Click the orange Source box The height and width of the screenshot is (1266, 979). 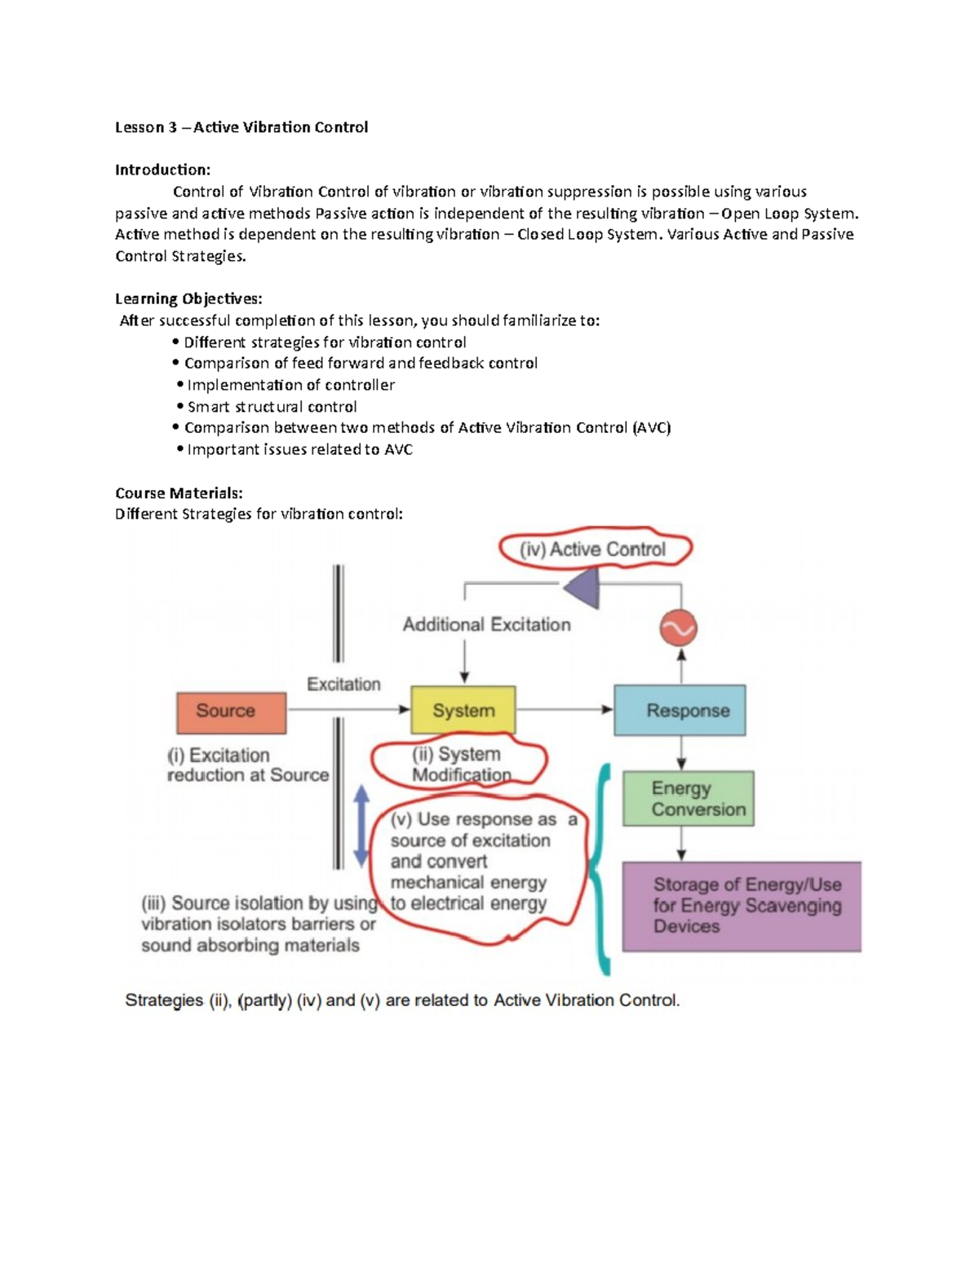pyautogui.click(x=232, y=712)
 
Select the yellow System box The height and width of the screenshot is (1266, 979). pyautogui.click(x=463, y=709)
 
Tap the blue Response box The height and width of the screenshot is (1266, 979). pyautogui.click(x=680, y=709)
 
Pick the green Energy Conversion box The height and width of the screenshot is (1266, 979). pyautogui.click(x=688, y=798)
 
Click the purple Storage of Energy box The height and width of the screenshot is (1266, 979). pyautogui.click(x=742, y=906)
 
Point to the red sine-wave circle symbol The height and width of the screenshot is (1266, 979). pyautogui.click(x=678, y=628)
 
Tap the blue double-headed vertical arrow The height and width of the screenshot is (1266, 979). pyautogui.click(x=361, y=826)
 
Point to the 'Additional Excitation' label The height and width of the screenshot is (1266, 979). pyautogui.click(x=487, y=624)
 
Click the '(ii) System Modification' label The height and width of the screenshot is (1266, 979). pyautogui.click(x=460, y=765)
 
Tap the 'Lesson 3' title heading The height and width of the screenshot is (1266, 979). pyautogui.click(x=241, y=128)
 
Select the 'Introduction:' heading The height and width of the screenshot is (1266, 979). pyautogui.click(x=162, y=170)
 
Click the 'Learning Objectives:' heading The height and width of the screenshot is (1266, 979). pyautogui.click(x=188, y=299)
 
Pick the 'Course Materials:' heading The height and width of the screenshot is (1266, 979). pyautogui.click(x=179, y=493)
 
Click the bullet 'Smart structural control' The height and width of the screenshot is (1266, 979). pyautogui.click(x=267, y=407)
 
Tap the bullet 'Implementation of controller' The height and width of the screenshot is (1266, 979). pyautogui.click(x=286, y=385)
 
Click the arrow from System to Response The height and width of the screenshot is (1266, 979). pyautogui.click(x=565, y=709)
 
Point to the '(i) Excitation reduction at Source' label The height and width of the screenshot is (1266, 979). pyautogui.click(x=248, y=765)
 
